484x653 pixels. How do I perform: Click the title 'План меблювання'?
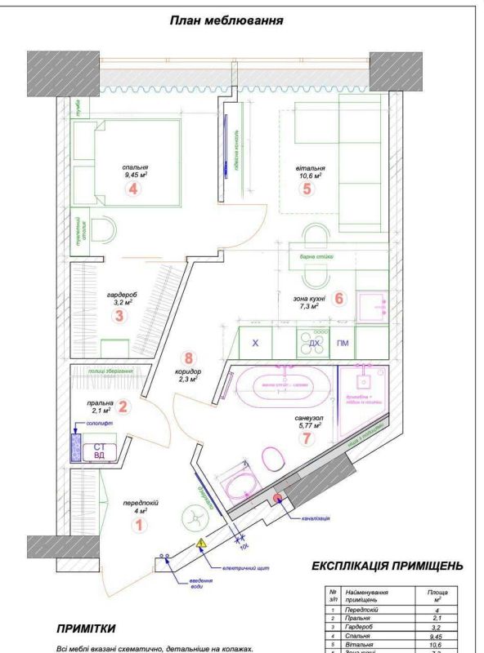point(226,22)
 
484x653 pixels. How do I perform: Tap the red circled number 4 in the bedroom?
point(131,190)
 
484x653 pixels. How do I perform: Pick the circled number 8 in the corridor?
point(189,357)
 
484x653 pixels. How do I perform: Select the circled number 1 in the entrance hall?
point(140,526)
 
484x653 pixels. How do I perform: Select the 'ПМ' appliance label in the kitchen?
point(343,343)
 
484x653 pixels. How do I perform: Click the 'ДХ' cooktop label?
point(314,344)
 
